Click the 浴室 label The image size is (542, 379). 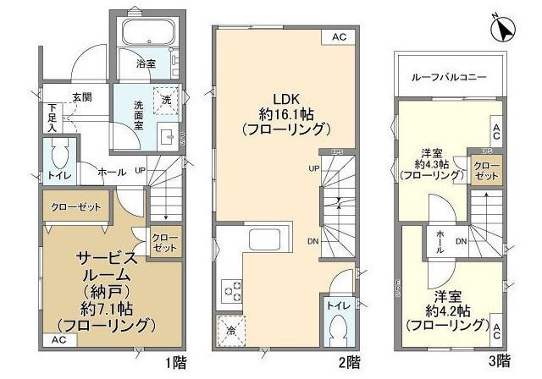(146, 63)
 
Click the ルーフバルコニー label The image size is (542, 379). (448, 76)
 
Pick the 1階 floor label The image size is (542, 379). (176, 362)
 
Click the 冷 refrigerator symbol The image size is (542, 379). (230, 328)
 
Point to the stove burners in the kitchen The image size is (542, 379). (230, 291)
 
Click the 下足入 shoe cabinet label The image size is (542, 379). (52, 118)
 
